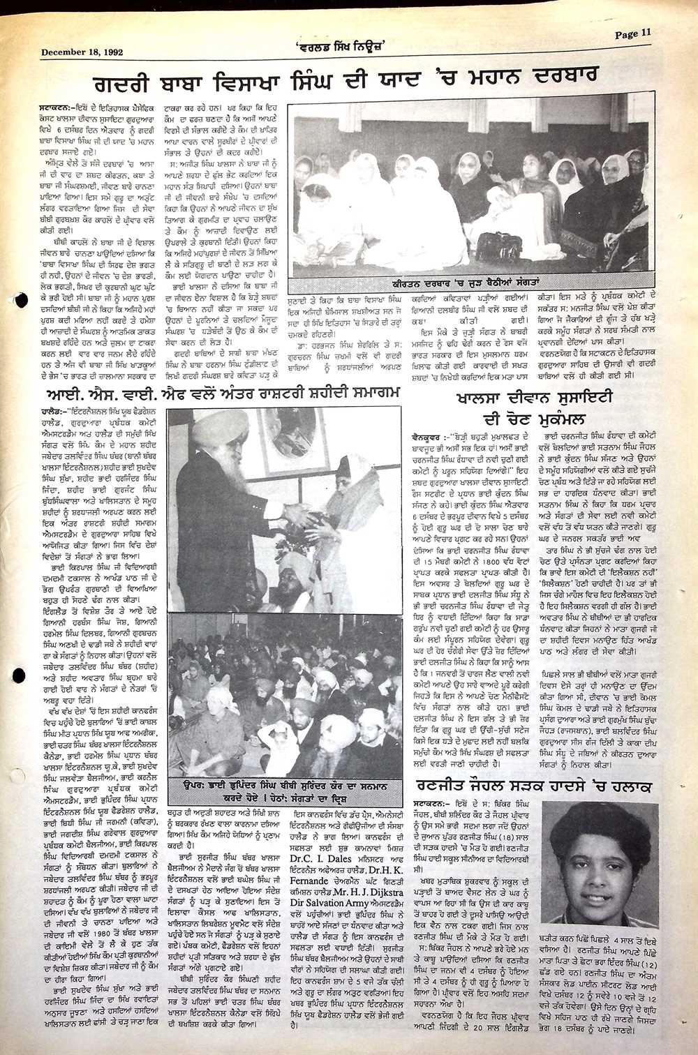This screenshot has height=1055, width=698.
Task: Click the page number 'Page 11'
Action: (633, 33)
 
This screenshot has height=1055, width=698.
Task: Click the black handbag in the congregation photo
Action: (499, 246)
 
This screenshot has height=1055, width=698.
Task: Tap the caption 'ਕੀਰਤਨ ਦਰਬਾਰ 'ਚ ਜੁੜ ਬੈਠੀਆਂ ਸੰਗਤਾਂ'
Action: (474, 285)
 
